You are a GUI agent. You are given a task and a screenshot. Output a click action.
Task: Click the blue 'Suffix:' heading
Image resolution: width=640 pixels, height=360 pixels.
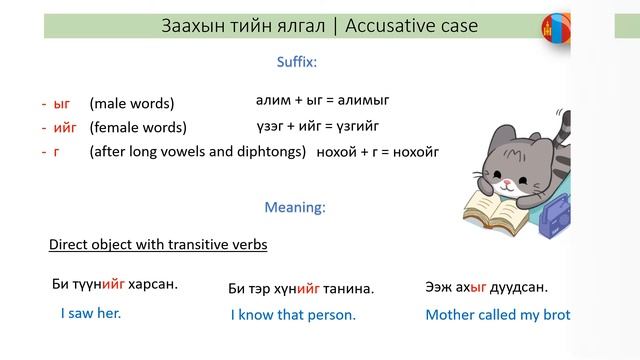click(296, 62)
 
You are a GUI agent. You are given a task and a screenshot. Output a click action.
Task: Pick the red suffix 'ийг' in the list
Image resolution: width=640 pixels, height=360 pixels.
click(66, 128)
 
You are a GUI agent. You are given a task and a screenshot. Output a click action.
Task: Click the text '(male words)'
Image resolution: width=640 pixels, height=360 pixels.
click(131, 103)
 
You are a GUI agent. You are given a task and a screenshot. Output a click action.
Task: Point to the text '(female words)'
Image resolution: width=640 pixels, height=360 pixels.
click(137, 128)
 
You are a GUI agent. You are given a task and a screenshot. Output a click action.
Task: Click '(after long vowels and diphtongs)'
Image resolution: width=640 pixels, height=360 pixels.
click(197, 152)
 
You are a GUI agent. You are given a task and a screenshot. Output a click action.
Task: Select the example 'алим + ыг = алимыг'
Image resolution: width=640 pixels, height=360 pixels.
click(322, 100)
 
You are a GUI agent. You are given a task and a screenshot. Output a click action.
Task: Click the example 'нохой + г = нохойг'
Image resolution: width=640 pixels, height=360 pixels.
click(377, 153)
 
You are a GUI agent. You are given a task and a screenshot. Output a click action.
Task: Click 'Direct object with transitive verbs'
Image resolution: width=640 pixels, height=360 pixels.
click(158, 244)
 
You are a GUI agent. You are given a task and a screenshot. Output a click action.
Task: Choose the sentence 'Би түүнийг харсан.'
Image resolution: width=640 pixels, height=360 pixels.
click(115, 285)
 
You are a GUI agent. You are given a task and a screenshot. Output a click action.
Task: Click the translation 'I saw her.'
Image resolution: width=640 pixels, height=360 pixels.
click(90, 313)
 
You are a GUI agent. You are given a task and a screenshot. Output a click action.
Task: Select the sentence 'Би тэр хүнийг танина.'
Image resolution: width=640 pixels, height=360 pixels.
click(301, 289)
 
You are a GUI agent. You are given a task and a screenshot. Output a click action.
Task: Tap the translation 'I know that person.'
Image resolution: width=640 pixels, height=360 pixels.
click(293, 314)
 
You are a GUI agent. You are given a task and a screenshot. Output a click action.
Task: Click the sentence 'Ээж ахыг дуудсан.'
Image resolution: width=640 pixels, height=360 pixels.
click(486, 287)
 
